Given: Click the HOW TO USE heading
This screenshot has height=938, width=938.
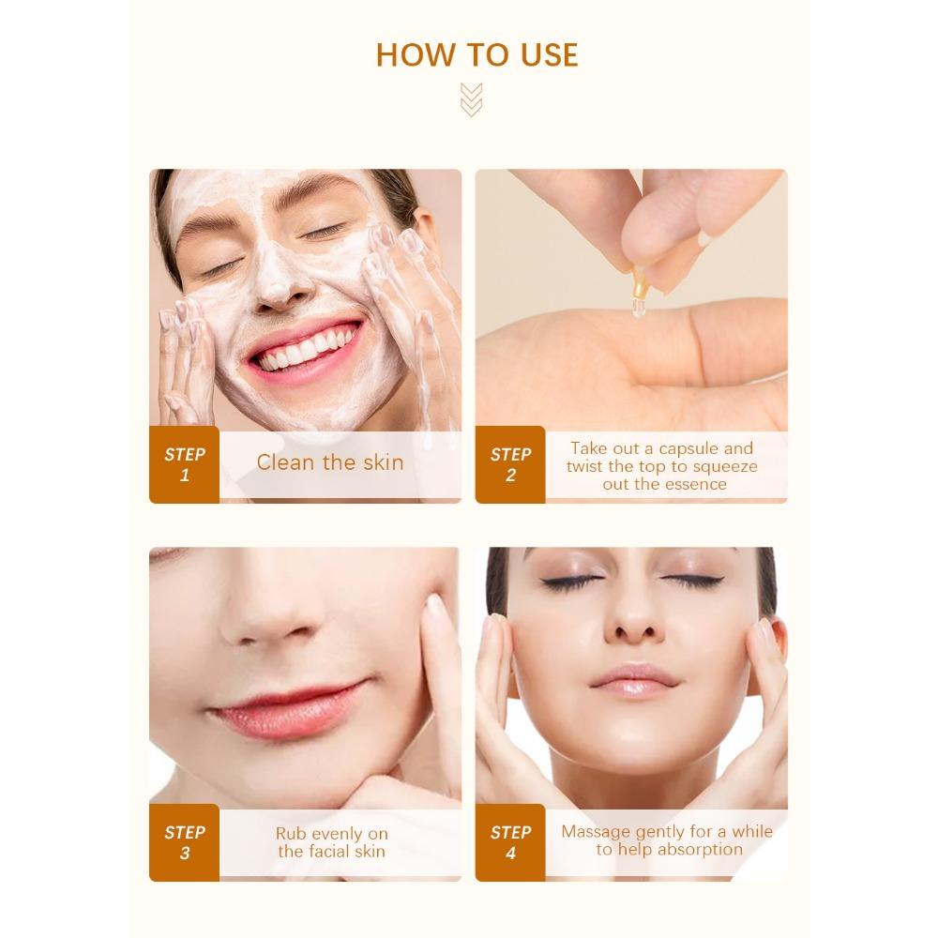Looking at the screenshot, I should [477, 55].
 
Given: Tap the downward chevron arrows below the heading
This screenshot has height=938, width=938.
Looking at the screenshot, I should [471, 99].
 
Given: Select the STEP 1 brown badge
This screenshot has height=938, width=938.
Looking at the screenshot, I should [184, 464].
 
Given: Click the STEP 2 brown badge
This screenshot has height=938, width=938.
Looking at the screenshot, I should [510, 464].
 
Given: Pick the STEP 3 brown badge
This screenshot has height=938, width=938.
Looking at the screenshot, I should [184, 841].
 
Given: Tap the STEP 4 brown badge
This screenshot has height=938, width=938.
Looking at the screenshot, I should [510, 841].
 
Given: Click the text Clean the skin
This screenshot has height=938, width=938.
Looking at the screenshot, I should [330, 461].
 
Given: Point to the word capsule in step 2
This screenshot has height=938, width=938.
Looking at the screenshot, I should [688, 448].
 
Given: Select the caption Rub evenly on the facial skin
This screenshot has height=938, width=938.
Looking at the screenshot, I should [331, 842].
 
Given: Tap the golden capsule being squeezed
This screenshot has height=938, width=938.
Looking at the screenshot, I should [642, 286].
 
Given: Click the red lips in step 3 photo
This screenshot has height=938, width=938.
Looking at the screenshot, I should [286, 707].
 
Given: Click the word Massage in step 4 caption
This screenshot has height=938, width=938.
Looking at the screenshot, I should [597, 831].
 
